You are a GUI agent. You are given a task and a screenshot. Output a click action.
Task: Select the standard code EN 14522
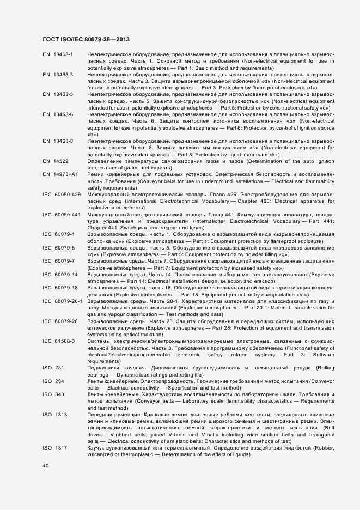tap(56, 161)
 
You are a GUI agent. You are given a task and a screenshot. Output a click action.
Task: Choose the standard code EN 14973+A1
tap(61, 174)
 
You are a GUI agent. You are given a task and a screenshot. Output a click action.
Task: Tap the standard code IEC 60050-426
tap(62, 194)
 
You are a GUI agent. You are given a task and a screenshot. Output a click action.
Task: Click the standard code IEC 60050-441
tap(62, 214)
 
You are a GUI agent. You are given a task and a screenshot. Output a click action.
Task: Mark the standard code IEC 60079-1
tap(58, 234)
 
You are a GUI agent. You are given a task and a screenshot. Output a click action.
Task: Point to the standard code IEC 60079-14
tap(60, 274)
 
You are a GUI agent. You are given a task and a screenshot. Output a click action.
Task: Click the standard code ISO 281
tap(53, 368)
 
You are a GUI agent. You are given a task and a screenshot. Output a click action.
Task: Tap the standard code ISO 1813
tap(55, 415)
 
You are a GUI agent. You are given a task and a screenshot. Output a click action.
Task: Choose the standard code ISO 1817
tap(55, 447)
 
